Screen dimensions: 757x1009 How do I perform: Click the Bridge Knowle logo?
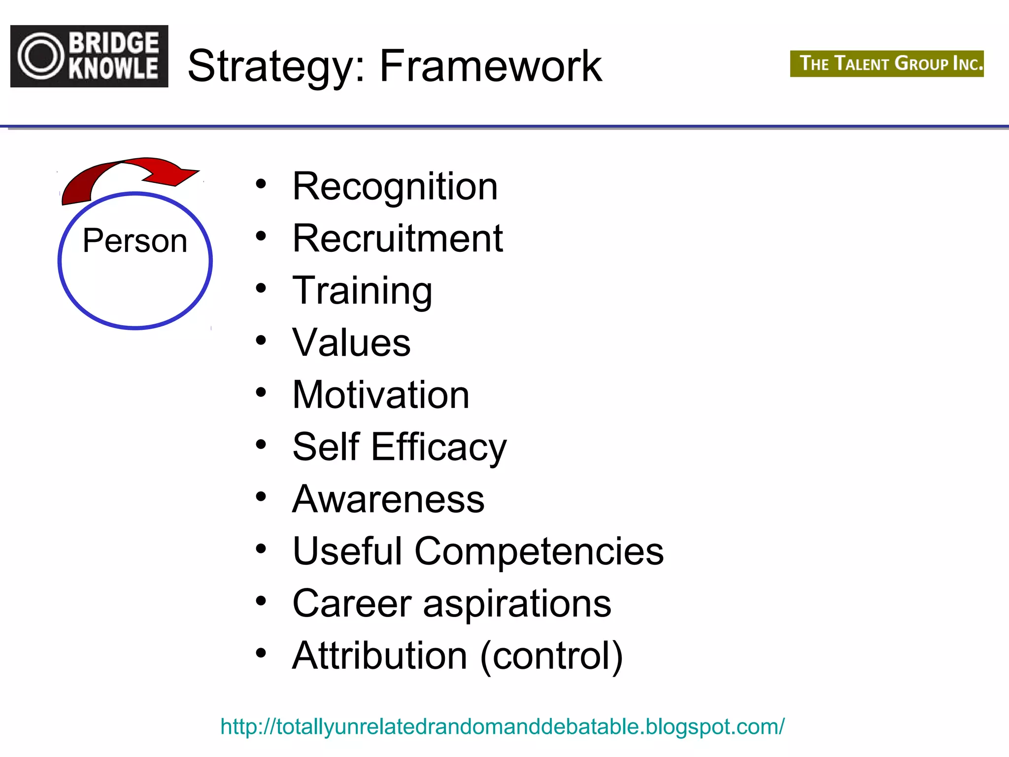pyautogui.click(x=89, y=56)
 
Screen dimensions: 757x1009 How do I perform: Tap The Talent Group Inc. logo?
pyautogui.click(x=886, y=64)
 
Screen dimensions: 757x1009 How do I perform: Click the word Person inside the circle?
pyautogui.click(x=135, y=241)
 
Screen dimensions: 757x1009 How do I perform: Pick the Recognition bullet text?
pyautogui.click(x=395, y=187)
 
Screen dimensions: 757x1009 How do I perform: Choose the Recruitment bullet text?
pyautogui.click(x=397, y=239)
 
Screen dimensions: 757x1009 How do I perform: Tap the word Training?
pyautogui.click(x=362, y=291)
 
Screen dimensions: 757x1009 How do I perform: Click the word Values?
pyautogui.click(x=351, y=343)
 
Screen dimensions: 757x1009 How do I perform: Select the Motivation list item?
pyautogui.click(x=380, y=395)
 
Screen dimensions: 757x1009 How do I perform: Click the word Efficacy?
pyautogui.click(x=438, y=447)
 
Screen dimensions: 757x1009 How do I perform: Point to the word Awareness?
pyautogui.click(x=388, y=499)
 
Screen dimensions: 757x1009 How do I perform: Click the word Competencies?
pyautogui.click(x=539, y=551)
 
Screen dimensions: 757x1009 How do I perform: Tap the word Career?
pyautogui.click(x=352, y=604)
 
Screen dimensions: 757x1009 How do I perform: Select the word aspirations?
pyautogui.click(x=517, y=604)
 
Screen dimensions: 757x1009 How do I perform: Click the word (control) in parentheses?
pyautogui.click(x=551, y=656)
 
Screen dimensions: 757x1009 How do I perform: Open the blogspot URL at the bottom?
pyautogui.click(x=502, y=727)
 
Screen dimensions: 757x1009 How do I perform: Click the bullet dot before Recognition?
pyautogui.click(x=261, y=184)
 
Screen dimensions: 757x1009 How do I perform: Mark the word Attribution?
pyautogui.click(x=379, y=656)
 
